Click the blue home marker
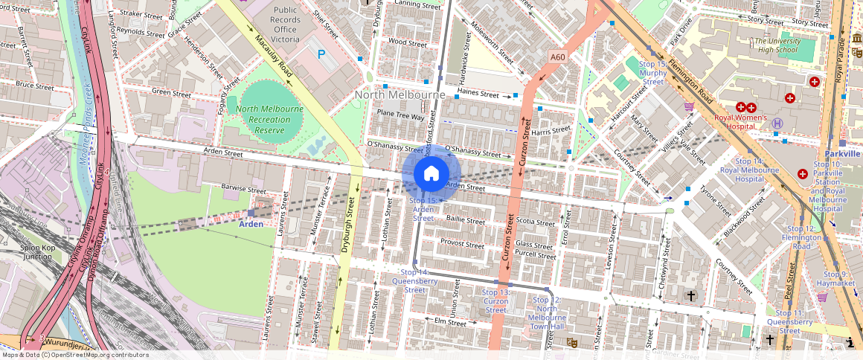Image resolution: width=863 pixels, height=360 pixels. [x=431, y=173]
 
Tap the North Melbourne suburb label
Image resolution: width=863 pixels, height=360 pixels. [x=400, y=94]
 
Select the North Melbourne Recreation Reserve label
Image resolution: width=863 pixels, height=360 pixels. [x=269, y=119]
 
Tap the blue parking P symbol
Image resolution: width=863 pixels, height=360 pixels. [x=322, y=54]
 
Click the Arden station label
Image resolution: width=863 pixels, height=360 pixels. [x=251, y=223]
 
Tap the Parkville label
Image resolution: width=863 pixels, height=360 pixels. [x=842, y=153]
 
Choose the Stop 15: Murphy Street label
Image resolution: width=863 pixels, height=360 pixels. [x=652, y=73]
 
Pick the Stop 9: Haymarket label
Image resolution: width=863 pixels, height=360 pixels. [x=835, y=279]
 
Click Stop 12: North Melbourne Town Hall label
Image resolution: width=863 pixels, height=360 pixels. [x=551, y=313]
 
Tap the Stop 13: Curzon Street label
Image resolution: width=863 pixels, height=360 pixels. [x=495, y=301]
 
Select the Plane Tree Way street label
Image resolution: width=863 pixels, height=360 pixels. [x=400, y=115]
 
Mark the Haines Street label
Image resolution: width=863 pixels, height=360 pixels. [x=478, y=93]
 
